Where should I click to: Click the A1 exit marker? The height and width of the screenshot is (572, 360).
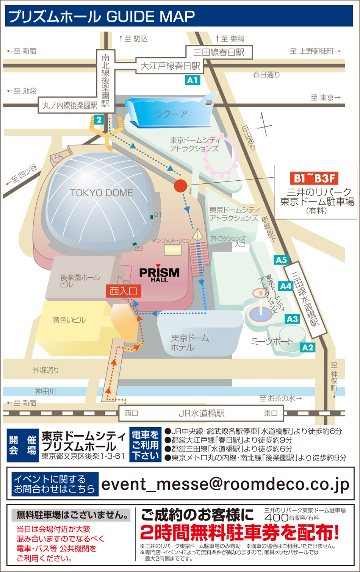pyautogui.click(x=193, y=80)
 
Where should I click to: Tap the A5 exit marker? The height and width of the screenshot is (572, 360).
pyautogui.click(x=281, y=260)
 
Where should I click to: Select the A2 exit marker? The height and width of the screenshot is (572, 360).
pyautogui.click(x=308, y=347)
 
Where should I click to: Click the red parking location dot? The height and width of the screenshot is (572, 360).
pyautogui.click(x=181, y=186)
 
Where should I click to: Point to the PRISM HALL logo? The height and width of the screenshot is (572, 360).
pyautogui.click(x=159, y=273)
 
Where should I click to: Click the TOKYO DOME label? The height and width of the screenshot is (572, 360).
pyautogui.click(x=102, y=193)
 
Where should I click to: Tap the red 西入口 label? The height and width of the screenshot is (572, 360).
pyautogui.click(x=124, y=291)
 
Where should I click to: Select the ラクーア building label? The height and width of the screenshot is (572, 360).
pyautogui.click(x=171, y=114)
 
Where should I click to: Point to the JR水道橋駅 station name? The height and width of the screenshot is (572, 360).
pyautogui.click(x=202, y=413)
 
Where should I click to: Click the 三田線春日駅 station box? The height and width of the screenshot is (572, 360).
pyautogui.click(x=219, y=52)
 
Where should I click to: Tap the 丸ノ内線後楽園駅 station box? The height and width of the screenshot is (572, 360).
pyautogui.click(x=70, y=105)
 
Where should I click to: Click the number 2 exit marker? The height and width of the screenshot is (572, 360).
pyautogui.click(x=99, y=120)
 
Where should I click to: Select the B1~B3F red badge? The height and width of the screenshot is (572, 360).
pyautogui.click(x=315, y=178)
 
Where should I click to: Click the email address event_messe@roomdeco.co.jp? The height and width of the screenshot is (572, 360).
pyautogui.click(x=225, y=484)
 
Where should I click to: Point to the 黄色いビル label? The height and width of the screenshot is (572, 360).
pyautogui.click(x=69, y=320)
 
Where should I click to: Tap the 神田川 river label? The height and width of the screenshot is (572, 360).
pyautogui.click(x=45, y=391)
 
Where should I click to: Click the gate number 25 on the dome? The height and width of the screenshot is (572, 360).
pyautogui.click(x=59, y=157)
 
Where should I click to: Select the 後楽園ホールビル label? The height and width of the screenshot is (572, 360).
pyautogui.click(x=80, y=281)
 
